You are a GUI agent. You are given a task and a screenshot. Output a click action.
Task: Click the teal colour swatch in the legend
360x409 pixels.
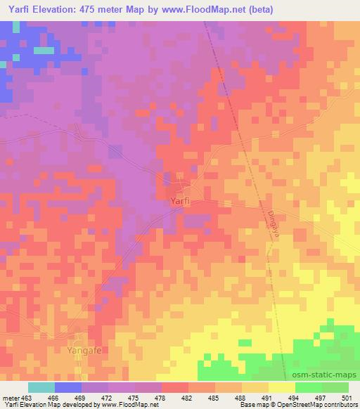41,387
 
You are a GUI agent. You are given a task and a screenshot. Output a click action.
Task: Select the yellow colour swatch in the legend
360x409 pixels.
281,387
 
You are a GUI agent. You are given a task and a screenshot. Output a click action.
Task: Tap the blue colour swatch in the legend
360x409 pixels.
67,387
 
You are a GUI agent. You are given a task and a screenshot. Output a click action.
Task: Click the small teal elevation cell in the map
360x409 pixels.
44,50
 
